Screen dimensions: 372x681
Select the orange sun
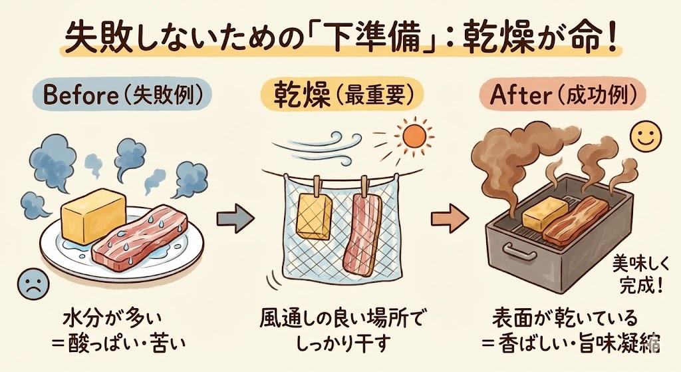click(x=414, y=137)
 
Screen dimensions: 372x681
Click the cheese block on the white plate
click(x=93, y=214)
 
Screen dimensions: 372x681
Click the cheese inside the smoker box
click(x=545, y=214)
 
